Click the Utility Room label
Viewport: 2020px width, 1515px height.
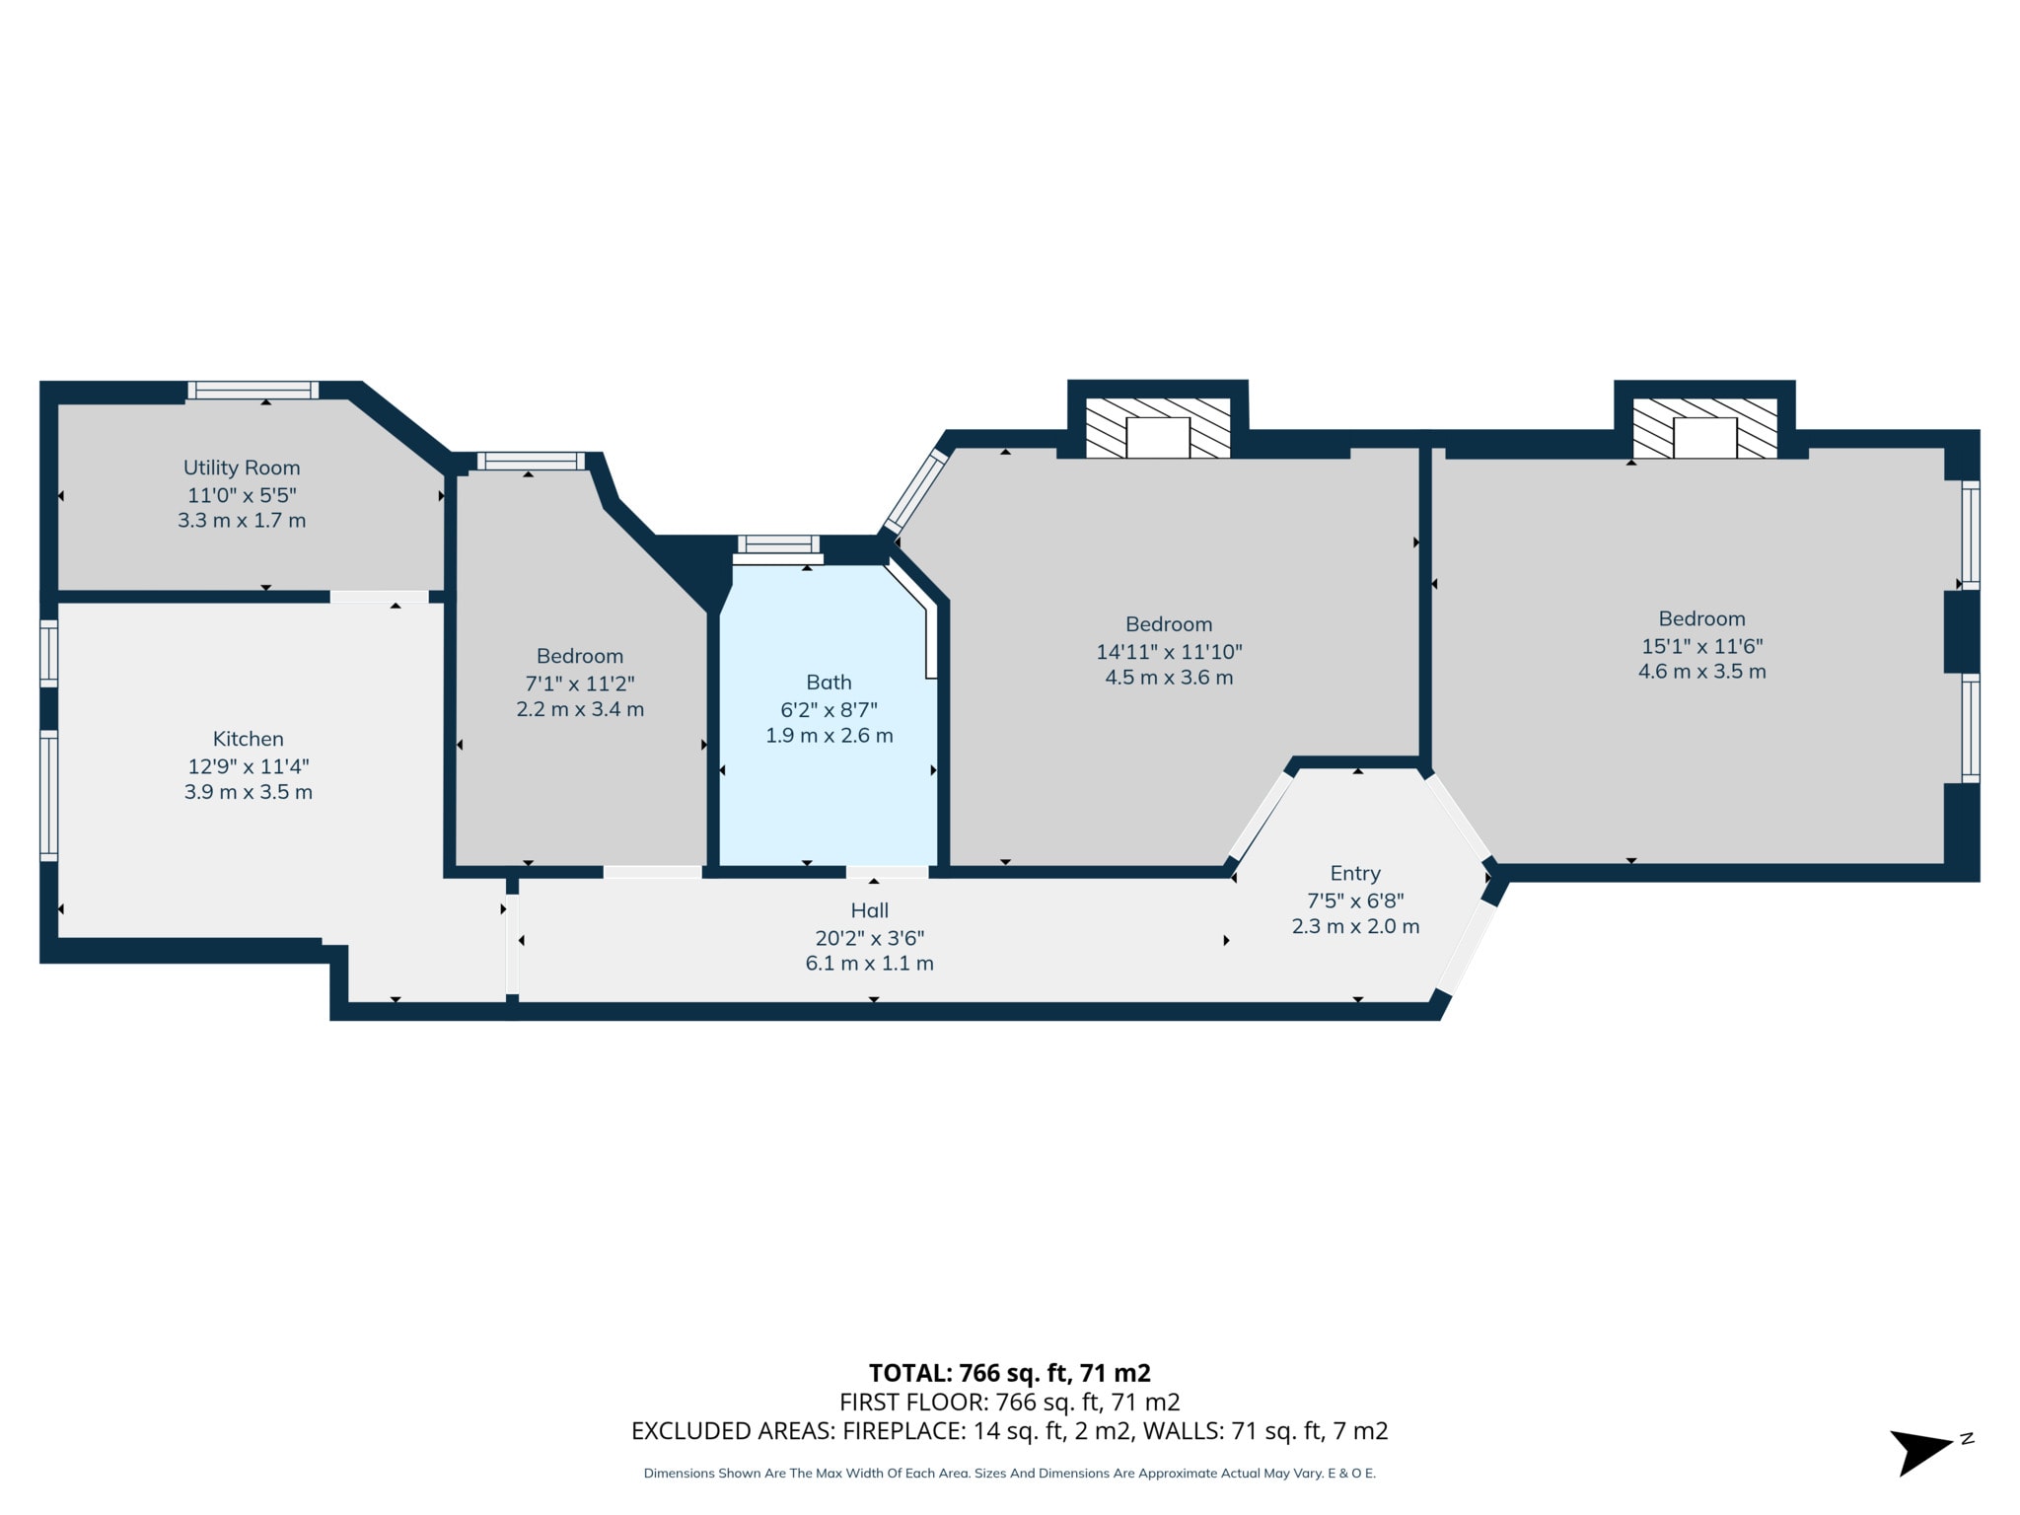pyautogui.click(x=242, y=468)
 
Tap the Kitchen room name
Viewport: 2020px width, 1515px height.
pyautogui.click(x=249, y=739)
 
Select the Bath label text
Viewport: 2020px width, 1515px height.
pyautogui.click(x=829, y=682)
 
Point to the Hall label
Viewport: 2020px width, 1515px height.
pyautogui.click(x=870, y=910)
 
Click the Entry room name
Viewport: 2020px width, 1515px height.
pyautogui.click(x=1355, y=873)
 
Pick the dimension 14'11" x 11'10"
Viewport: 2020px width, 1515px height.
pyautogui.click(x=1169, y=651)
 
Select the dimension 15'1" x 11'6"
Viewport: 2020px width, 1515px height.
pyautogui.click(x=1701, y=646)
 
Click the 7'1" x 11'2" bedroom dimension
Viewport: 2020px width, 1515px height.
pyautogui.click(x=580, y=683)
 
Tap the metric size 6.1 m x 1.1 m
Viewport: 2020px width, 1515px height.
pyautogui.click(x=870, y=964)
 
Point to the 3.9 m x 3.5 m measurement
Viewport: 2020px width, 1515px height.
pyautogui.click(x=249, y=792)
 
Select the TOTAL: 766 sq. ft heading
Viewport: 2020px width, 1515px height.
pyautogui.click(x=1010, y=1373)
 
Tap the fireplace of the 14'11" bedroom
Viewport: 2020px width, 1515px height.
pyautogui.click(x=1158, y=428)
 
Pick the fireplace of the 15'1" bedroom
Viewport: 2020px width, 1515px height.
pyautogui.click(x=1704, y=428)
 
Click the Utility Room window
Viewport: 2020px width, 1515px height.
pyautogui.click(x=253, y=390)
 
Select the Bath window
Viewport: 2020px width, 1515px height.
pyautogui.click(x=778, y=544)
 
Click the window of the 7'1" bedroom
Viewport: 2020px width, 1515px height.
pyautogui.click(x=531, y=461)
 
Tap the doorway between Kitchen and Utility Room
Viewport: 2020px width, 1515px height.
pyautogui.click(x=380, y=597)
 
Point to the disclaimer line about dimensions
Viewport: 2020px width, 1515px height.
pyautogui.click(x=1010, y=1474)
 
